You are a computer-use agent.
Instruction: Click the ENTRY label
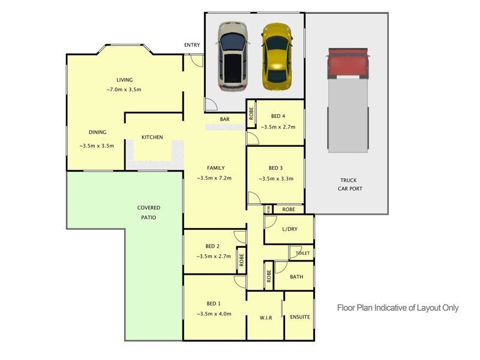(192, 46)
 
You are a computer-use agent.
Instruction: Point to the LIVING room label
(124, 80)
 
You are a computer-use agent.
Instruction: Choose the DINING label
(97, 133)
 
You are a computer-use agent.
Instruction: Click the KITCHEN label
(152, 137)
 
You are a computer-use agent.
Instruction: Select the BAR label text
(224, 119)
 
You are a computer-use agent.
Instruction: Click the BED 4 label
(278, 116)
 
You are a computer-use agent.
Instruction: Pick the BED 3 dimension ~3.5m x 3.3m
(276, 178)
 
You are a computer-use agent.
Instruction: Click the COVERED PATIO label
(148, 212)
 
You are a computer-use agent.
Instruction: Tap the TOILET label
(303, 253)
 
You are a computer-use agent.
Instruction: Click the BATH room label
(296, 277)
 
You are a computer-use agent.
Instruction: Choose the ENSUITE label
(299, 317)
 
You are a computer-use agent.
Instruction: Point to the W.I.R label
(266, 317)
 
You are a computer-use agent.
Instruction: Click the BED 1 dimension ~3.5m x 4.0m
(214, 314)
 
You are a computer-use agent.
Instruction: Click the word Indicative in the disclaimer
(391, 308)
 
